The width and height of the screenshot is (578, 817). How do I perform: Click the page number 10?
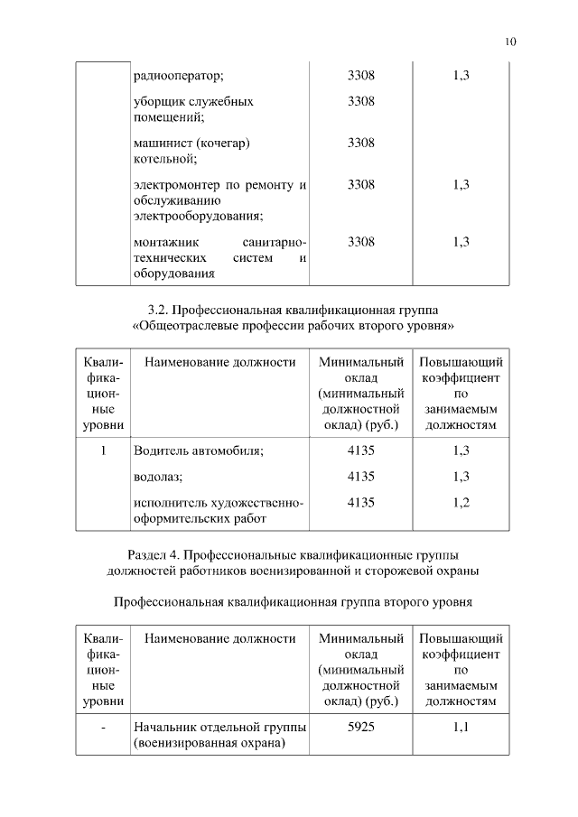tap(510, 42)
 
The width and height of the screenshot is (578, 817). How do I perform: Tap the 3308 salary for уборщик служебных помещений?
tap(360, 101)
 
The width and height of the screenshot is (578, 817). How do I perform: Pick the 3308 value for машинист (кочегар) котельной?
tap(360, 143)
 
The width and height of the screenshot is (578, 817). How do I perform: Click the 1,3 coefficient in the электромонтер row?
tap(461, 184)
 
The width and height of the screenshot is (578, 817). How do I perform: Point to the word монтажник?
tap(165, 242)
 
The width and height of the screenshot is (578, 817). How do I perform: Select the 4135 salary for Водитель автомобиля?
tap(360, 450)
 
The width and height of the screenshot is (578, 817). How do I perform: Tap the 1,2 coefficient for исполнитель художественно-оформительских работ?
tap(461, 502)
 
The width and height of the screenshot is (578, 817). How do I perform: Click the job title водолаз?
tap(157, 476)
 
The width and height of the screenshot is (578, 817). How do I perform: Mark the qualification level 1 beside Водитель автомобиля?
tap(104, 450)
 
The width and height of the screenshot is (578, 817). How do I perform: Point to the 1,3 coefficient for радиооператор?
tap(461, 75)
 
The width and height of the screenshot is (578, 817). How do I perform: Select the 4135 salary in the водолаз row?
tap(360, 476)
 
